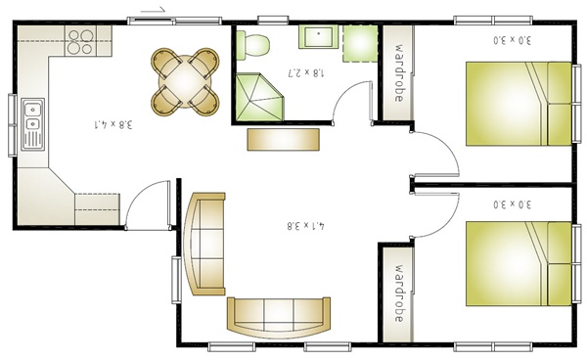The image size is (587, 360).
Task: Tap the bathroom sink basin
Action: [x=319, y=36]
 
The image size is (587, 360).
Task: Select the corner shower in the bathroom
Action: [x=259, y=97]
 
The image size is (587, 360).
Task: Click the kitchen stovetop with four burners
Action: [x=80, y=41]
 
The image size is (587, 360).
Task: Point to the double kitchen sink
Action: [x=32, y=124]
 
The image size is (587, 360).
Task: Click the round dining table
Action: [x=185, y=81]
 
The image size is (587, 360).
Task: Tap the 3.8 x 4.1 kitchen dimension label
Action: [x=113, y=124]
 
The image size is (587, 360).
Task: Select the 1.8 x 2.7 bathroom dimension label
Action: [x=306, y=72]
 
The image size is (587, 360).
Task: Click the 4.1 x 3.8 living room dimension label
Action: [x=306, y=226]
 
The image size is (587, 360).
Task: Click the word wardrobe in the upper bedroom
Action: [x=399, y=73]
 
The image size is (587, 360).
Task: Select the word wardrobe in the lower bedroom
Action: [x=399, y=293]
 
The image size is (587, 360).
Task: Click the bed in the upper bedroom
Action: [x=519, y=104]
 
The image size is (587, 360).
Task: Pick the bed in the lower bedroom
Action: [x=519, y=264]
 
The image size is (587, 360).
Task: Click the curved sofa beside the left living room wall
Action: [x=204, y=244]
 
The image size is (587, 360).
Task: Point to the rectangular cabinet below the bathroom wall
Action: [x=284, y=140]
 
